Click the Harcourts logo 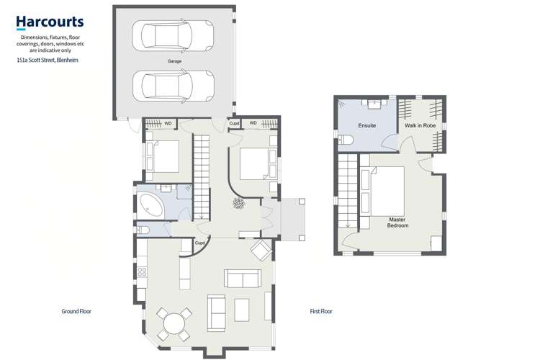[x=50, y=22]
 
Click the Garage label [x=174, y=62]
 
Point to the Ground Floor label [x=76, y=312]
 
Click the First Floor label [x=320, y=312]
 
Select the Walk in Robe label [x=420, y=125]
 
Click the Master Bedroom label [x=398, y=222]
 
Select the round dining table [x=174, y=324]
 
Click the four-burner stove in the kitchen [x=142, y=273]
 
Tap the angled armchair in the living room [x=261, y=251]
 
